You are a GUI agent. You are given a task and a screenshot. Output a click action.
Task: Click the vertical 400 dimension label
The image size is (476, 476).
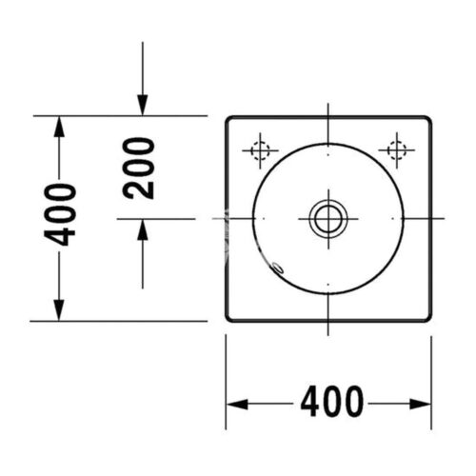click(x=60, y=214)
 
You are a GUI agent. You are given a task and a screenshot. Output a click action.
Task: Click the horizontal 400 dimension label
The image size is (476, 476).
click(x=331, y=402)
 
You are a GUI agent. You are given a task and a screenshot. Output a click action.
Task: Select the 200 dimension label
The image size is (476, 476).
click(x=139, y=169)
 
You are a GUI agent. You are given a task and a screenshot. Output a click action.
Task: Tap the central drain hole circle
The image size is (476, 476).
click(x=328, y=219)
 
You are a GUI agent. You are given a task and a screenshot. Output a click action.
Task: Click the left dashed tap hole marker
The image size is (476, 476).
click(x=260, y=150)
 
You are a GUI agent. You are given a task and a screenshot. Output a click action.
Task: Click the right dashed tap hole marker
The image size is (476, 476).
click(x=397, y=150)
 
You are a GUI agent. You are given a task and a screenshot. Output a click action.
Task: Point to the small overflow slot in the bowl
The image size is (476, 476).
click(x=278, y=268)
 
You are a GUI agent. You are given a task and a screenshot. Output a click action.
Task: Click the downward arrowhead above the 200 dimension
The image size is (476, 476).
click(x=143, y=105)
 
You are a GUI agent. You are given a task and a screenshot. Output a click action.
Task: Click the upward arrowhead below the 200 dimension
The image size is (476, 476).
click(x=143, y=229)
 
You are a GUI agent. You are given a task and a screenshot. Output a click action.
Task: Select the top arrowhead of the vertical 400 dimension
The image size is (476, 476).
click(x=59, y=127)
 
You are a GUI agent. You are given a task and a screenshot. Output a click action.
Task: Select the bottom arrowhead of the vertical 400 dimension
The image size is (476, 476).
click(x=59, y=310)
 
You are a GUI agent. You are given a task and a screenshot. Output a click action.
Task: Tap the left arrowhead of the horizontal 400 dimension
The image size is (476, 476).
click(x=237, y=405)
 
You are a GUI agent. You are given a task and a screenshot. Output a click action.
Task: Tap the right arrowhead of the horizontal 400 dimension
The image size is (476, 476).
click(x=420, y=405)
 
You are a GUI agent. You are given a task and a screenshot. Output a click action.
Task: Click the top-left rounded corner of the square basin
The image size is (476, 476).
click(x=228, y=119)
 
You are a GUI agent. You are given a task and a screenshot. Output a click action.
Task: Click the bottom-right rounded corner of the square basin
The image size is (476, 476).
click(x=429, y=319)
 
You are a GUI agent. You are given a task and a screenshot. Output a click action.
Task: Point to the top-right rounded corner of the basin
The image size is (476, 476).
click(x=429, y=119)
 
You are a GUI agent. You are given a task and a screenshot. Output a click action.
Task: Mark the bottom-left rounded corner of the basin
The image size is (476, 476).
click(x=228, y=319)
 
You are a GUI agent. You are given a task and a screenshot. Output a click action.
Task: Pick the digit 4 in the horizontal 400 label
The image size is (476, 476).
click(x=310, y=402)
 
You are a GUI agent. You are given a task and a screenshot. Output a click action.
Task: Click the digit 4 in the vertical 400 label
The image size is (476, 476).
click(x=60, y=235)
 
